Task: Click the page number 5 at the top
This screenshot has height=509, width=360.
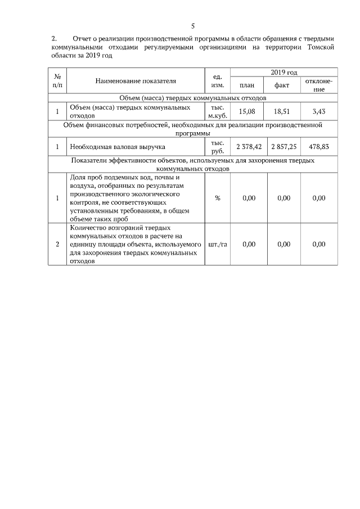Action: click(192, 26)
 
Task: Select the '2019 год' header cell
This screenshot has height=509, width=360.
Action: click(284, 73)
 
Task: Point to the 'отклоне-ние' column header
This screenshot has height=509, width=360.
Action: click(319, 85)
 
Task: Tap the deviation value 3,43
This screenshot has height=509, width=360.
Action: click(319, 111)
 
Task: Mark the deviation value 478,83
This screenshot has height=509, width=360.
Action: click(319, 147)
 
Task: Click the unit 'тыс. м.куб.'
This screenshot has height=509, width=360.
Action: click(217, 111)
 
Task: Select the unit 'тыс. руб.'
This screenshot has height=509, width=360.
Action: click(217, 147)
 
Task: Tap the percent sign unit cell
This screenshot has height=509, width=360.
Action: click(217, 198)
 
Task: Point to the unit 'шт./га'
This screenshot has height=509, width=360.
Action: click(217, 244)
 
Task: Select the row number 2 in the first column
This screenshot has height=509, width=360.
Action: click(57, 244)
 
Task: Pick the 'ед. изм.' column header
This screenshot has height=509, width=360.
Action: click(217, 81)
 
